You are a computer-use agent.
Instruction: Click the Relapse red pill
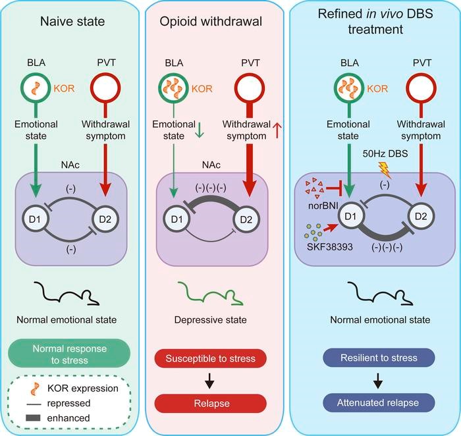tap(211, 403)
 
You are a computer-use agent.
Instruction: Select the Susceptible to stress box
tap(211, 358)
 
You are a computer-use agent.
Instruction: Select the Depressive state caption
tap(211, 320)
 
